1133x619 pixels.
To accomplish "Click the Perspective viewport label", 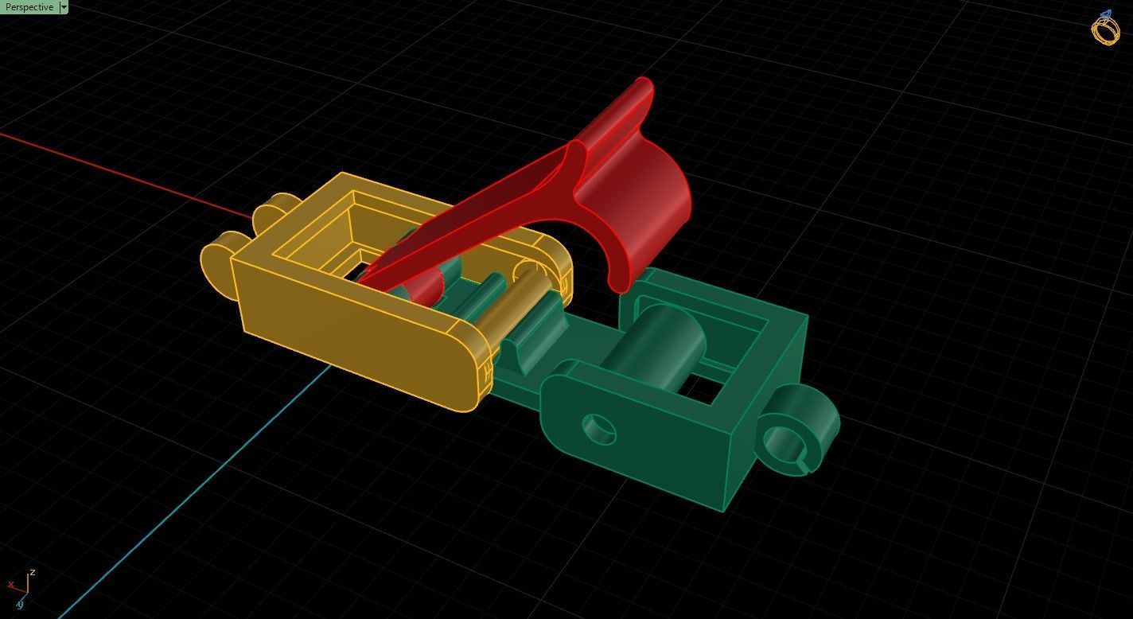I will pyautogui.click(x=29, y=7).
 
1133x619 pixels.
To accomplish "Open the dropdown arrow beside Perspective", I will pyautogui.click(x=64, y=7).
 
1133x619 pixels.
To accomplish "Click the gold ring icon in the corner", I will pyautogui.click(x=1105, y=29).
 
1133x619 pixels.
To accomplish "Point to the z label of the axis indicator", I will pyautogui.click(x=32, y=572).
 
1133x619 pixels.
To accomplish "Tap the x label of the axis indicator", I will pyautogui.click(x=10, y=585).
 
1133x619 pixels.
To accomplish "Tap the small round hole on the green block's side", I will pyautogui.click(x=599, y=429).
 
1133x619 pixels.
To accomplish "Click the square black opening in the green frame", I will pyautogui.click(x=700, y=387).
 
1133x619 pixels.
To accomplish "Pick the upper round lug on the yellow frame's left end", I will pyautogui.click(x=269, y=211).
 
